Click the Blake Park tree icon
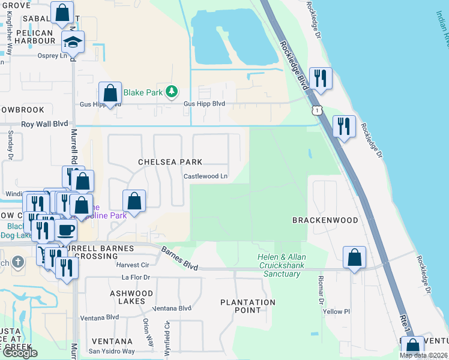pos(172,91)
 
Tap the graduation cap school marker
pos(73,43)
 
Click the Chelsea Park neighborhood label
pos(170,162)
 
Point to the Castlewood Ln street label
pos(205,176)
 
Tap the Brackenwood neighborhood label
pos(325,220)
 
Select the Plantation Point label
pos(248,306)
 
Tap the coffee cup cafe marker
pos(66,230)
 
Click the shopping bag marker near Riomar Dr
pos(355,257)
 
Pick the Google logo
pos(20,353)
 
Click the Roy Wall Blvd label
pos(44,124)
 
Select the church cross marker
pos(19,262)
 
